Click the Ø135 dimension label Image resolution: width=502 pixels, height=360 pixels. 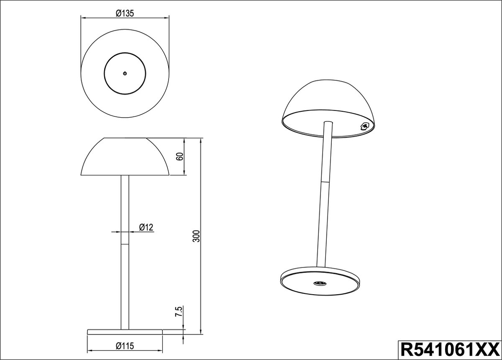coord(125,13)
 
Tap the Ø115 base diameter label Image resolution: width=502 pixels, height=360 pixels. coord(125,346)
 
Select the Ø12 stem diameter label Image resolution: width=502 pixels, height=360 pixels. coord(146,227)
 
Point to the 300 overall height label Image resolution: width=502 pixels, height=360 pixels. coord(196,236)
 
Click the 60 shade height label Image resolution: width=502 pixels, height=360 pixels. coord(180,156)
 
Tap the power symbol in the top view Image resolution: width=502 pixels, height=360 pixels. coord(125,73)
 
